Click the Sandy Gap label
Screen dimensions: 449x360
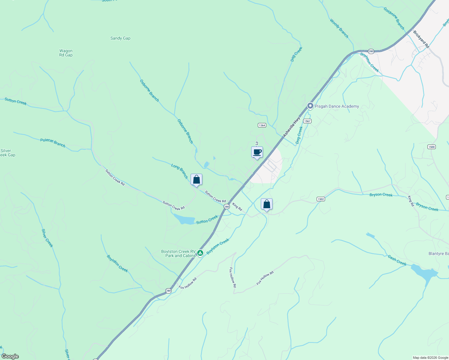(120, 38)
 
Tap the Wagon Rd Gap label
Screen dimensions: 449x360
(66, 53)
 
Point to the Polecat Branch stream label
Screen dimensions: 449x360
(53, 142)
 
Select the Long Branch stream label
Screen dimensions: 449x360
(179, 171)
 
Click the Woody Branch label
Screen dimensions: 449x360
(339, 28)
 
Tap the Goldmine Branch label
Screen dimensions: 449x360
(394, 19)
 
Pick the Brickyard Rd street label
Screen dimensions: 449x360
(421, 39)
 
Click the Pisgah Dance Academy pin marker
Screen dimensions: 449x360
(310, 106)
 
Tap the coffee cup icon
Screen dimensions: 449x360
(257, 152)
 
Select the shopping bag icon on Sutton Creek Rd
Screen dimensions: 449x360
(196, 180)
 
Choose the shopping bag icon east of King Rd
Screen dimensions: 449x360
(267, 204)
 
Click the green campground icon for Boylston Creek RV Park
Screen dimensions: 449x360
(200, 253)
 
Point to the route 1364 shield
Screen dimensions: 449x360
(262, 125)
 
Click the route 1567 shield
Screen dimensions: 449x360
(307, 121)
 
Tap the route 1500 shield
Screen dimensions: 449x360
(431, 147)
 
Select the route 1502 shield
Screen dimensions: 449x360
(321, 199)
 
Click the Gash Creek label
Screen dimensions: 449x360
(397, 260)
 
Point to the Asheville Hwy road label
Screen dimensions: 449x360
(292, 127)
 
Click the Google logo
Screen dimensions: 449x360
(10, 356)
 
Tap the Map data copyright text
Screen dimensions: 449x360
(430, 358)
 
